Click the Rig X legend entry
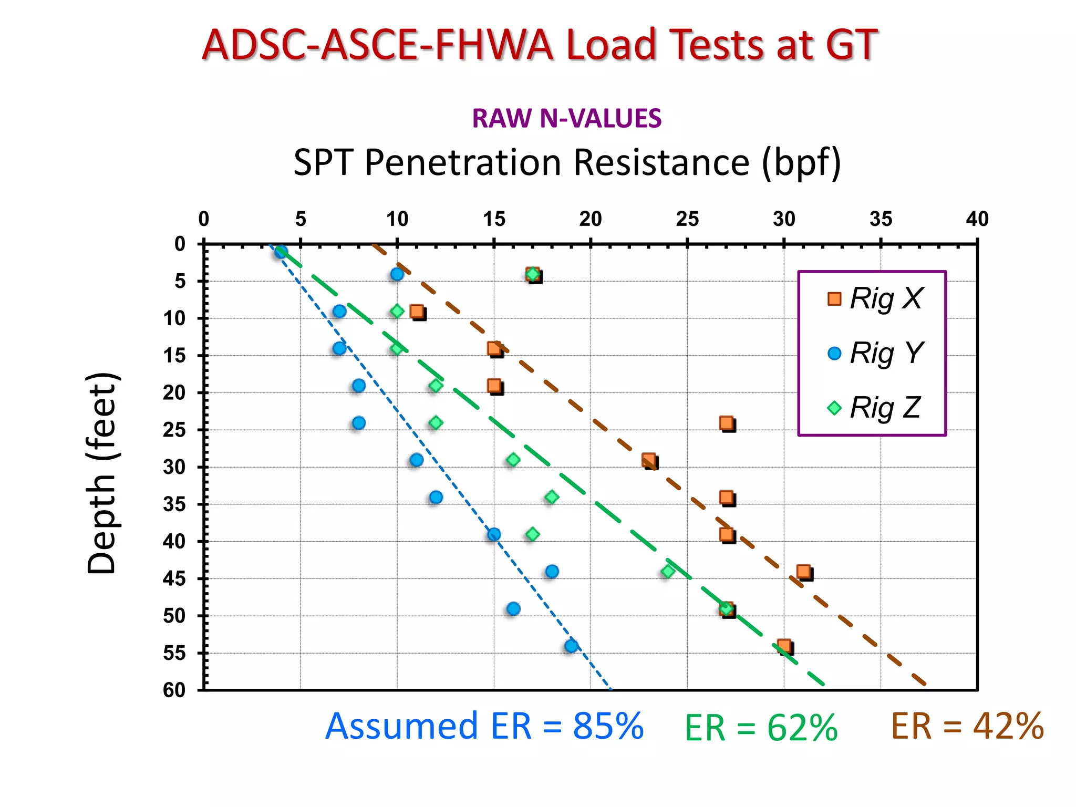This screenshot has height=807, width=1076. tap(875, 298)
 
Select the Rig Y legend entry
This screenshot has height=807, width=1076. tap(875, 353)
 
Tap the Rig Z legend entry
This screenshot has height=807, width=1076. tap(875, 408)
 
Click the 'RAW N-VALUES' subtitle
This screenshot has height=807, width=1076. tap(566, 118)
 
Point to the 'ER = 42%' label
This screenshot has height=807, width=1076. tap(967, 727)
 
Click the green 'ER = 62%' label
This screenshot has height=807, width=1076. tap(760, 728)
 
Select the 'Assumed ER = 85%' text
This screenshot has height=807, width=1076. tap(484, 726)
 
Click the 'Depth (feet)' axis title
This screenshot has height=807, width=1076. tap(101, 473)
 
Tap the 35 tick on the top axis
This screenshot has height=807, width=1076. tap(881, 219)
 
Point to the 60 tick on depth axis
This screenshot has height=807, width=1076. tap(174, 689)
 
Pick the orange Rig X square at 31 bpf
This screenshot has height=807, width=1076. tap(803, 572)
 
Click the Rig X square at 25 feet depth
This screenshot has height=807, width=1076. tap(727, 423)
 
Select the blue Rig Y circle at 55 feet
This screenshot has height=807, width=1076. tap(572, 646)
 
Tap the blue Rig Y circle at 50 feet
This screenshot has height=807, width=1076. tap(513, 608)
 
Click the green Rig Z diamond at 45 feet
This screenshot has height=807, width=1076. tap(668, 571)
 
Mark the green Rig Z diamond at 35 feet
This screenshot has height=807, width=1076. tap(552, 497)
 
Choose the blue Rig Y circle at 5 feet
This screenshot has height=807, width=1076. tap(397, 274)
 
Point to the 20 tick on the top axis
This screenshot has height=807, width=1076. tap(591, 219)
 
